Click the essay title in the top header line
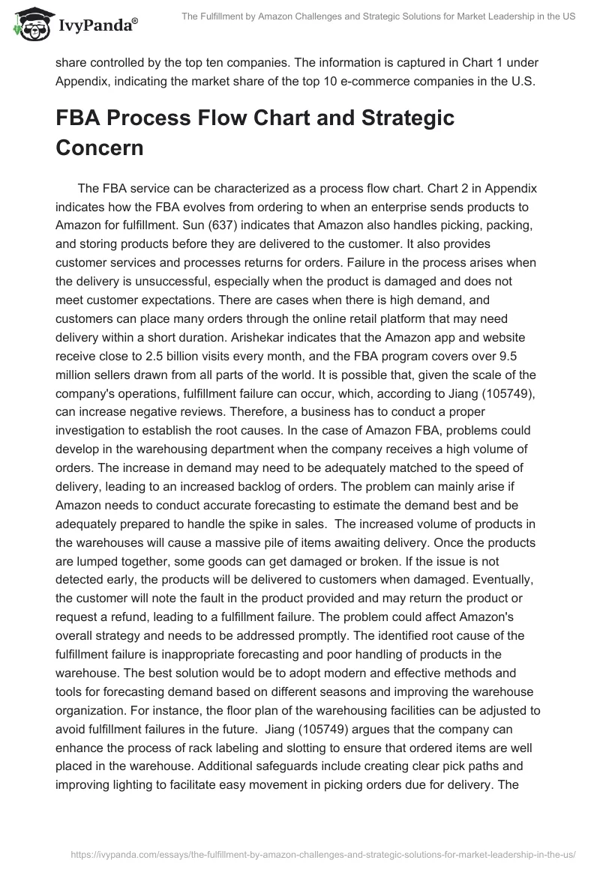pos(378,16)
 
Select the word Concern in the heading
pos(100,148)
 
